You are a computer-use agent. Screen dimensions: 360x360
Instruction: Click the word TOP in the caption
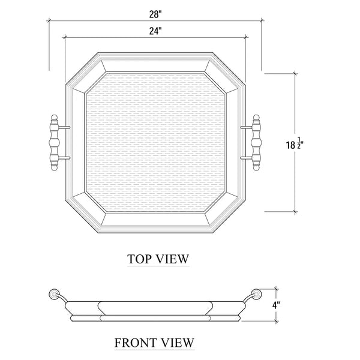(x=139, y=259)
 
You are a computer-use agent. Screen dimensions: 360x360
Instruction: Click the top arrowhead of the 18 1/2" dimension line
(x=295, y=74)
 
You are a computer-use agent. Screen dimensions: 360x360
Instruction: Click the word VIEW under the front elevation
(x=176, y=343)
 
